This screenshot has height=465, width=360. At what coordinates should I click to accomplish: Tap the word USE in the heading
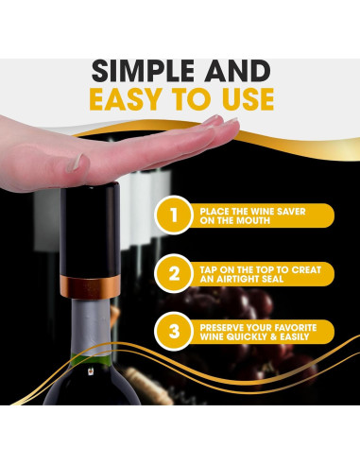click(x=243, y=99)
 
